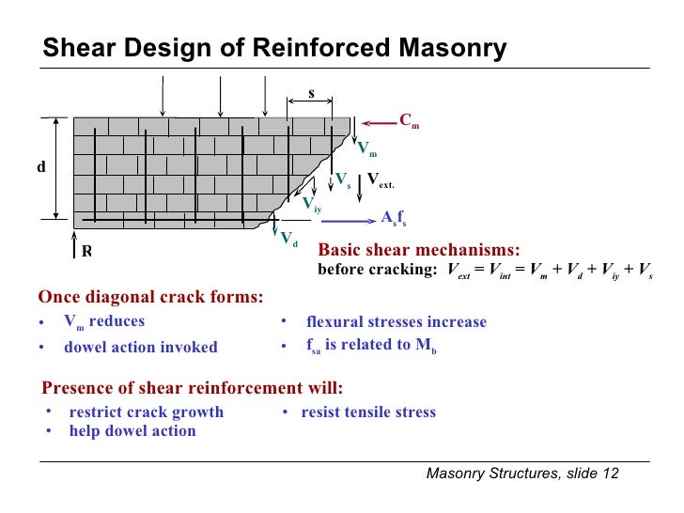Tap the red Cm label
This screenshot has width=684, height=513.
pyautogui.click(x=409, y=120)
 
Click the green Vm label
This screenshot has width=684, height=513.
pyautogui.click(x=367, y=148)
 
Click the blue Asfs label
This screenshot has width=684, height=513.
pyautogui.click(x=393, y=218)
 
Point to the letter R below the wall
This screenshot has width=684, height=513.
pyautogui.click(x=86, y=251)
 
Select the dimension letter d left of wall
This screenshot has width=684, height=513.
pyautogui.click(x=40, y=166)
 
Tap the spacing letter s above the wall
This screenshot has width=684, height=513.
pyautogui.click(x=311, y=94)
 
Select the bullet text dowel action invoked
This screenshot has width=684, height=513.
pyautogui.click(x=141, y=347)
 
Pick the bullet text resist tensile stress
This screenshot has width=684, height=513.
pyautogui.click(x=368, y=412)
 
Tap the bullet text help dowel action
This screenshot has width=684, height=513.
pyautogui.click(x=132, y=431)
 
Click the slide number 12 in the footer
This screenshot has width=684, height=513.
pyautogui.click(x=611, y=473)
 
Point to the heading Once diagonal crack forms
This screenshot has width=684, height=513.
pyautogui.click(x=150, y=298)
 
